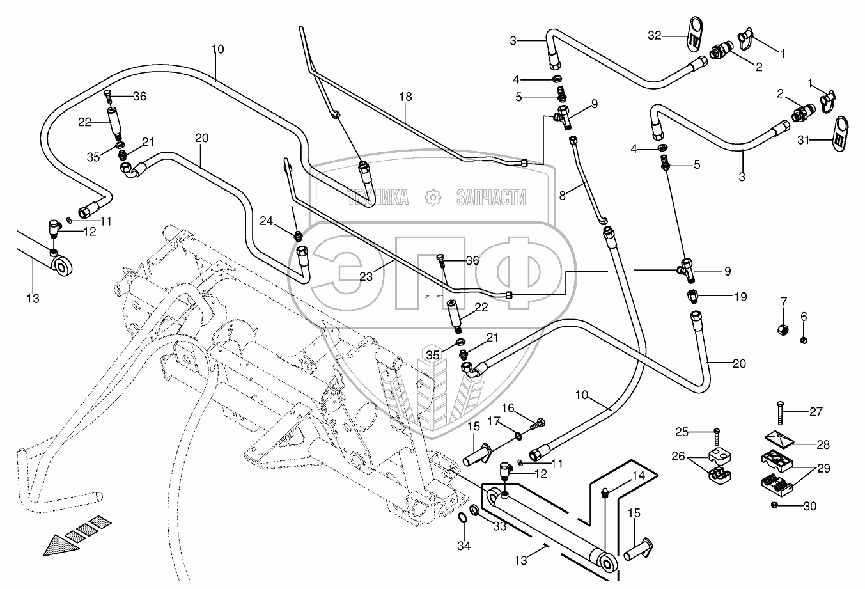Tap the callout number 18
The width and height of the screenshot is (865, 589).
click(x=405, y=97)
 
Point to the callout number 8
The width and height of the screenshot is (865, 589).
click(x=563, y=195)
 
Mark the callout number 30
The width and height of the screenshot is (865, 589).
click(x=810, y=506)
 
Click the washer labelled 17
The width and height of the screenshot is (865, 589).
click(x=517, y=437)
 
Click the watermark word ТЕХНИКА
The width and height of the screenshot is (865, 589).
click(x=378, y=198)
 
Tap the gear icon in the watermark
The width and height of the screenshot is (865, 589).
click(x=433, y=198)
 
